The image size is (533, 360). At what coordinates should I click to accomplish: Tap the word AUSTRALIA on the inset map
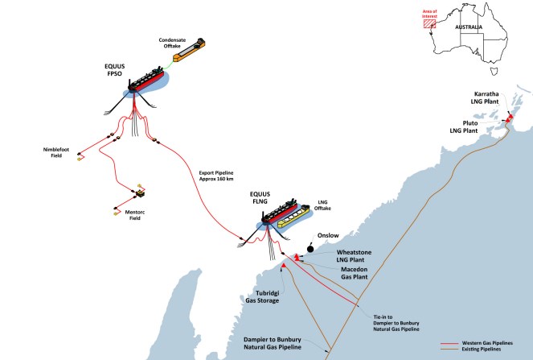click(468, 27)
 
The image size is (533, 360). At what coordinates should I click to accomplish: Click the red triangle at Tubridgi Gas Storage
click(283, 265)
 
